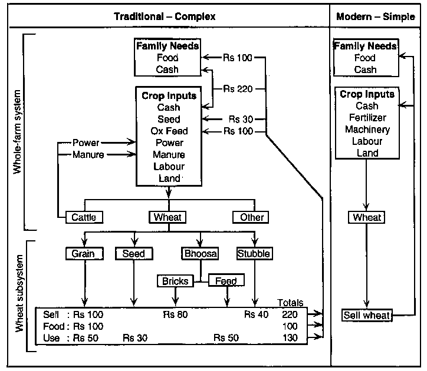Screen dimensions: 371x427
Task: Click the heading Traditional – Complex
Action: (x=165, y=16)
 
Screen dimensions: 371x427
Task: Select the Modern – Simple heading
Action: (x=375, y=16)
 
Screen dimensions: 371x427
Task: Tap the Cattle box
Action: (x=84, y=217)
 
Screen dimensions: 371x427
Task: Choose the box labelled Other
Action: (x=252, y=217)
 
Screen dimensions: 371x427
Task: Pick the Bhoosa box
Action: (x=199, y=254)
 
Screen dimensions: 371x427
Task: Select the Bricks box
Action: (x=175, y=281)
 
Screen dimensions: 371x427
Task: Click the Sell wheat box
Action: (x=366, y=316)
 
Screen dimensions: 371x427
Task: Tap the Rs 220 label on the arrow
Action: (x=238, y=90)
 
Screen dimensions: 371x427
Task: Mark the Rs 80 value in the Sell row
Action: (x=175, y=314)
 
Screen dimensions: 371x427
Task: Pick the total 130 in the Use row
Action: (x=290, y=337)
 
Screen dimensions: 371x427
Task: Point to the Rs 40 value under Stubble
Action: (x=256, y=314)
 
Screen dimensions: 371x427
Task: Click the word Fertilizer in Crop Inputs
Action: (x=367, y=118)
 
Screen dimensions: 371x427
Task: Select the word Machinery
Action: (x=367, y=130)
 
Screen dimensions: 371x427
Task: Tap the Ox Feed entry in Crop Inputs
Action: (x=169, y=131)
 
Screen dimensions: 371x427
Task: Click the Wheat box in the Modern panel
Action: (x=367, y=217)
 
